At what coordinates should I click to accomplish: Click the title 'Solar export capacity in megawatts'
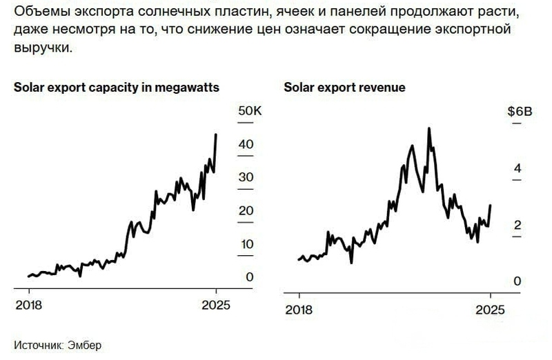click(x=117, y=88)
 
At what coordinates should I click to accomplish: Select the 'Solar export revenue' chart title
click(x=344, y=88)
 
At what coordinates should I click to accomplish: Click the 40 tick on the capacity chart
click(x=246, y=144)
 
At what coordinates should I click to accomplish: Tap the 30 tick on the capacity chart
click(x=246, y=177)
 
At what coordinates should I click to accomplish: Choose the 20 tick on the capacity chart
click(x=246, y=210)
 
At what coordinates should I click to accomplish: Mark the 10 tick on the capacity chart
click(x=246, y=244)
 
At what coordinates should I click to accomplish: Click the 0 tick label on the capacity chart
click(x=250, y=277)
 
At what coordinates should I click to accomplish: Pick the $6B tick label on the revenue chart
click(x=520, y=112)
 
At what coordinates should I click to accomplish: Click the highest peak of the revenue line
click(x=429, y=128)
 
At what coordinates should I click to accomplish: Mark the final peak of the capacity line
click(x=216, y=134)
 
